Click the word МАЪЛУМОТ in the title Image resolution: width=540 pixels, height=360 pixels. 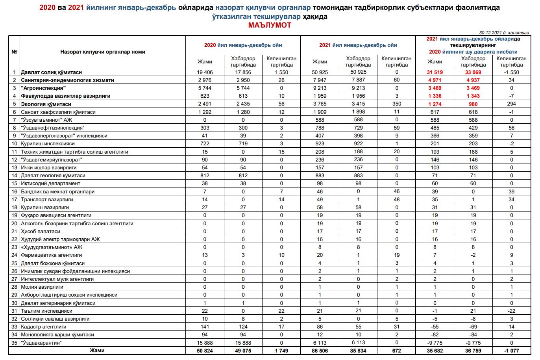(x=270, y=25)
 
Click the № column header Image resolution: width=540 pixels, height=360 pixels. (x=14, y=52)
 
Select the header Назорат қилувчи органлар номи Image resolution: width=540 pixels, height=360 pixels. (x=103, y=52)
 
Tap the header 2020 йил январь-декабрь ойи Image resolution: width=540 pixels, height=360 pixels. (x=243, y=45)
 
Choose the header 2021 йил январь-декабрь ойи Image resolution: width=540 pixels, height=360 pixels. (x=358, y=45)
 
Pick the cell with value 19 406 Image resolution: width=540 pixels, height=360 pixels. (x=205, y=72)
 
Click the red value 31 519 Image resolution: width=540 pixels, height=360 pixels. (x=435, y=72)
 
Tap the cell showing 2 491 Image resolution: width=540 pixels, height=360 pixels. (x=205, y=104)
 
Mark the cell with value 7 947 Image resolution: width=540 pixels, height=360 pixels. (x=320, y=80)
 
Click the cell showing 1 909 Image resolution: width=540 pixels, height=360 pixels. (x=320, y=112)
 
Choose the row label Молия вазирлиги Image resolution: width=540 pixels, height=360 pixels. (x=42, y=287)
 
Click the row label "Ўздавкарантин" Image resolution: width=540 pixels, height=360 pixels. (x=41, y=343)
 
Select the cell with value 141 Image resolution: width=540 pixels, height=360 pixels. (x=205, y=327)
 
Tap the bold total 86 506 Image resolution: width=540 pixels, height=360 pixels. (x=320, y=351)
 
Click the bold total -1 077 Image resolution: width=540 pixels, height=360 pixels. (x=512, y=351)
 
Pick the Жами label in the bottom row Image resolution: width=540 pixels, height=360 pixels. (x=97, y=350)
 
